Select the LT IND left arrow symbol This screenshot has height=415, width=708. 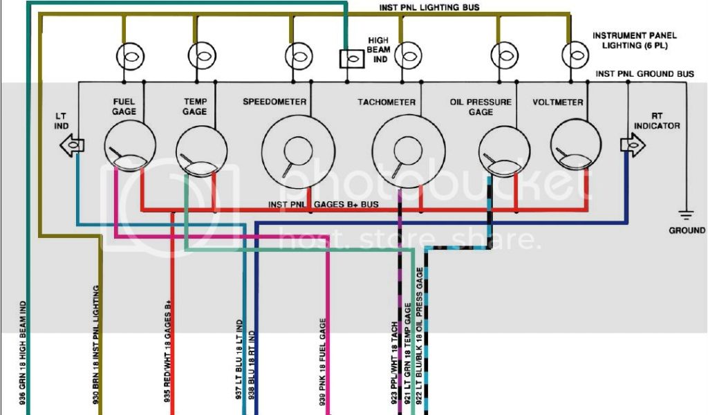[x=73, y=145]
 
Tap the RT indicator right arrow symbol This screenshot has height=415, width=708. [x=632, y=144]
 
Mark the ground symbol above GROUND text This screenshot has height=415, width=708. [x=686, y=215]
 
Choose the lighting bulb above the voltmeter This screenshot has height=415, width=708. [x=574, y=53]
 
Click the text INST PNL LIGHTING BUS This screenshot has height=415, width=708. [x=429, y=8]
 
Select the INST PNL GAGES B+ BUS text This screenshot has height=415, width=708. [x=324, y=205]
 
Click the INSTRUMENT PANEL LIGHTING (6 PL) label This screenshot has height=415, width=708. [x=634, y=40]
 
